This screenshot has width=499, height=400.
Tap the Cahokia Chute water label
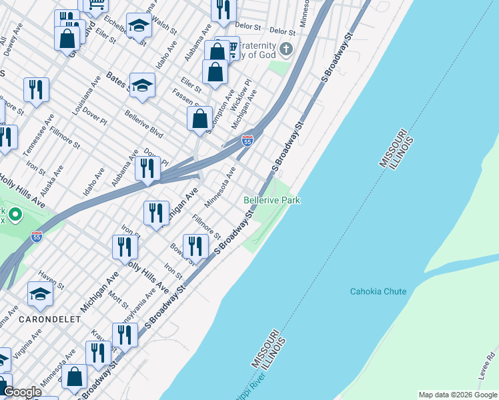pyautogui.click(x=378, y=291)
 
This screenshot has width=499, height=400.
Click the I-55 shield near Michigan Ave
pyautogui.click(x=247, y=141)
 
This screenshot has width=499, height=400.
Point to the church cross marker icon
pyautogui.click(x=286, y=49)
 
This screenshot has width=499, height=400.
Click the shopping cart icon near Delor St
pyautogui.click(x=231, y=47)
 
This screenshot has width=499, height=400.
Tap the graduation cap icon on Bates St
pyautogui.click(x=143, y=85)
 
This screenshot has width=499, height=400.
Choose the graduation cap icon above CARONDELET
pyautogui.click(x=40, y=293)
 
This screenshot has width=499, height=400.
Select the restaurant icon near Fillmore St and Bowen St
pyautogui.click(x=195, y=245)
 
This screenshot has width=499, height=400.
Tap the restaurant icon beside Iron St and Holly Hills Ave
pyautogui.click(x=125, y=246)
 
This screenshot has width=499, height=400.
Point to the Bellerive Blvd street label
pyautogui.click(x=143, y=123)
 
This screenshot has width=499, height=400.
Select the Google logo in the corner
pyautogui.click(x=22, y=393)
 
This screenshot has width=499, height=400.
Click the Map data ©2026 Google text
pyautogui.click(x=457, y=395)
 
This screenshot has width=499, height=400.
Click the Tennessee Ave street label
pyautogui.click(x=38, y=143)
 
